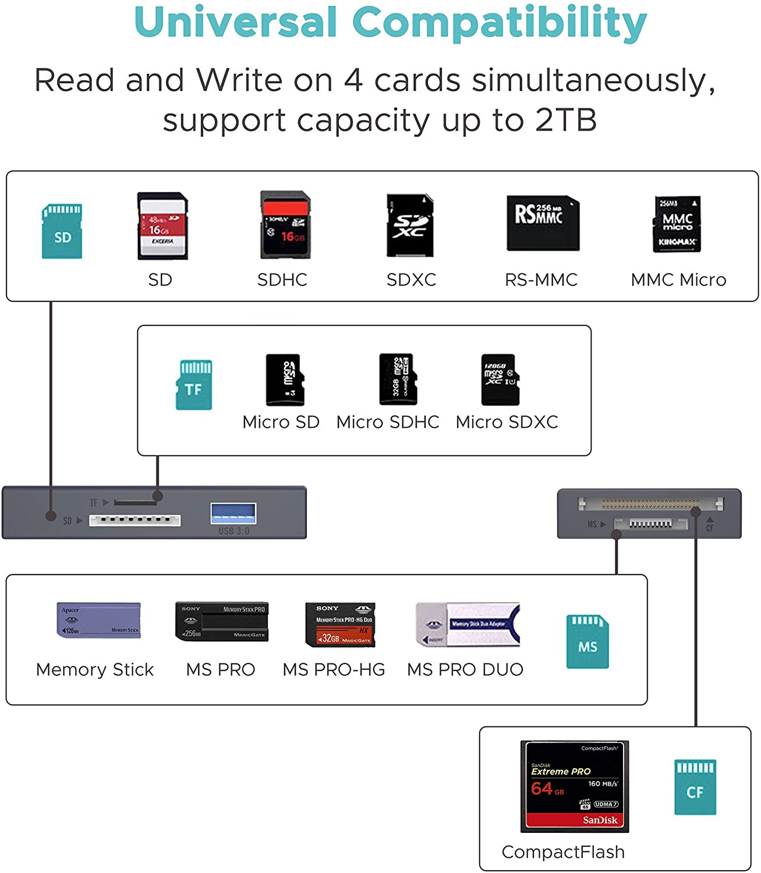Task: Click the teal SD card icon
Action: pyautogui.click(x=62, y=231)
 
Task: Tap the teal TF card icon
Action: pyautogui.click(x=194, y=385)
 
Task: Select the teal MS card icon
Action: pyautogui.click(x=587, y=641)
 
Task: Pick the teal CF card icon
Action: pyautogui.click(x=695, y=787)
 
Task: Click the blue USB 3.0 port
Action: pyautogui.click(x=233, y=513)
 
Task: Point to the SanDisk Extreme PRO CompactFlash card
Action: pyautogui.click(x=574, y=786)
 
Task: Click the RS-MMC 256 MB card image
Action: pyautogui.click(x=543, y=223)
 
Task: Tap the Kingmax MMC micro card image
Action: pyautogui.click(x=677, y=224)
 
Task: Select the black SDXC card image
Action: pyautogui.click(x=410, y=225)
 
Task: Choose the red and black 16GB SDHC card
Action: pyautogui.click(x=285, y=225)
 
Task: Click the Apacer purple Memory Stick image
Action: pyautogui.click(x=99, y=620)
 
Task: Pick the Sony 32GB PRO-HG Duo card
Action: pyautogui.click(x=341, y=624)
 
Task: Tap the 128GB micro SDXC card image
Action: pyautogui.click(x=500, y=379)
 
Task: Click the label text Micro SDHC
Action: pyautogui.click(x=388, y=422)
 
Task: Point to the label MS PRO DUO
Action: pyautogui.click(x=465, y=670)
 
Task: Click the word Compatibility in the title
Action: pyautogui.click(x=500, y=23)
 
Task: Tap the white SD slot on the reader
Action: pyautogui.click(x=134, y=520)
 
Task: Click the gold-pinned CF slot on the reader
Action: pyautogui.click(x=650, y=503)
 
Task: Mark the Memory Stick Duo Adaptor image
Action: pyautogui.click(x=468, y=624)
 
